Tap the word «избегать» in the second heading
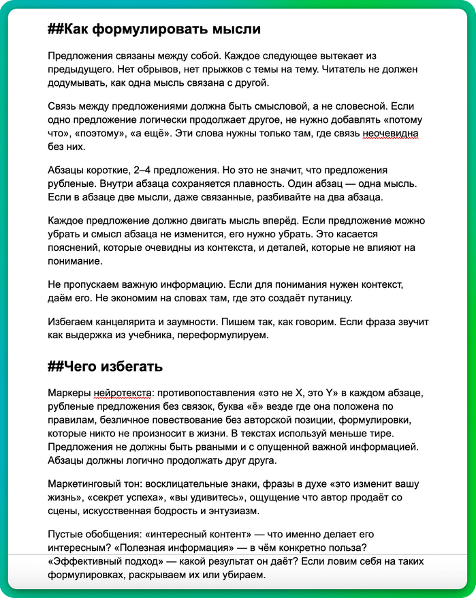pyautogui.click(x=131, y=367)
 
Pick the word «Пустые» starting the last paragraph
pyautogui.click(x=66, y=535)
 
